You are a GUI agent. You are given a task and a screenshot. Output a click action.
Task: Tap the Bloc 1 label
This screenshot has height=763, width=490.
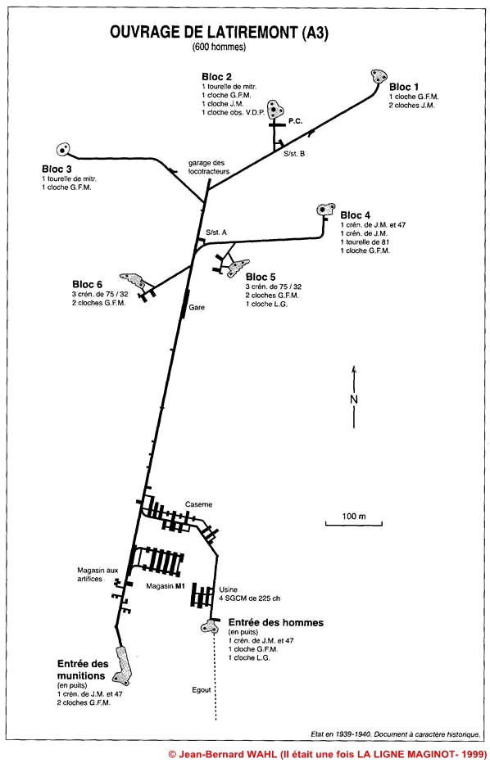pyautogui.click(x=404, y=87)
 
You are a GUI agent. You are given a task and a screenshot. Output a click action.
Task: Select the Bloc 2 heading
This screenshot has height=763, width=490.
pyautogui.click(x=217, y=76)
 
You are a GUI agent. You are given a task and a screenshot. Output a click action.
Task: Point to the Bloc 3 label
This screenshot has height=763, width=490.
pyautogui.click(x=57, y=169)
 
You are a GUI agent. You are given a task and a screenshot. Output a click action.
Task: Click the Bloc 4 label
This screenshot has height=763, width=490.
pyautogui.click(x=356, y=215)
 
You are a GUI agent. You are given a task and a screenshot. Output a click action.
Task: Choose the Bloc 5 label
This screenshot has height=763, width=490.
pyautogui.click(x=261, y=277)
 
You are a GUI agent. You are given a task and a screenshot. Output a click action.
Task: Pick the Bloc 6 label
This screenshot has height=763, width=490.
pyautogui.click(x=88, y=285)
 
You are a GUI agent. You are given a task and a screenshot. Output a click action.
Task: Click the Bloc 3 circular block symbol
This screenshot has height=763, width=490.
pyautogui.click(x=62, y=150)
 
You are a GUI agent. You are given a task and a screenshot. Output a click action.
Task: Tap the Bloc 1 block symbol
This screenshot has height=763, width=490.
pyautogui.click(x=378, y=76)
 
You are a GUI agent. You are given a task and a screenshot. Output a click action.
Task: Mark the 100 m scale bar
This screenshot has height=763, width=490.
pyautogui.click(x=354, y=524)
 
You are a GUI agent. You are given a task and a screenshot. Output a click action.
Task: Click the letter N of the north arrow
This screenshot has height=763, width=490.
pyautogui.click(x=354, y=399)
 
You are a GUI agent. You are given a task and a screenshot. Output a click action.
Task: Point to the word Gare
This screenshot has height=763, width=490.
pyautogui.click(x=197, y=308)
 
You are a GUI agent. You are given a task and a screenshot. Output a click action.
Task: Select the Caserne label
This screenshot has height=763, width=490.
pyautogui.click(x=198, y=504)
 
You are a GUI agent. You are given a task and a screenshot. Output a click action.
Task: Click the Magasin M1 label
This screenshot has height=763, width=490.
pyautogui.click(x=164, y=587)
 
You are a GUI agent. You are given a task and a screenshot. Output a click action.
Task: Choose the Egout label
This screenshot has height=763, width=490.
pyautogui.click(x=200, y=689)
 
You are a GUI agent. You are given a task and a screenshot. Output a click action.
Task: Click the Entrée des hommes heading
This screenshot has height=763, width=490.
pyautogui.click(x=276, y=622)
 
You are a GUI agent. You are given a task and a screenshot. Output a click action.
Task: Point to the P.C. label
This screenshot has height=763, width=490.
pyautogui.click(x=296, y=122)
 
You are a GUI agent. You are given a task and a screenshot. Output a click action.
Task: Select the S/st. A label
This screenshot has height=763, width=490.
pyautogui.click(x=216, y=233)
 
